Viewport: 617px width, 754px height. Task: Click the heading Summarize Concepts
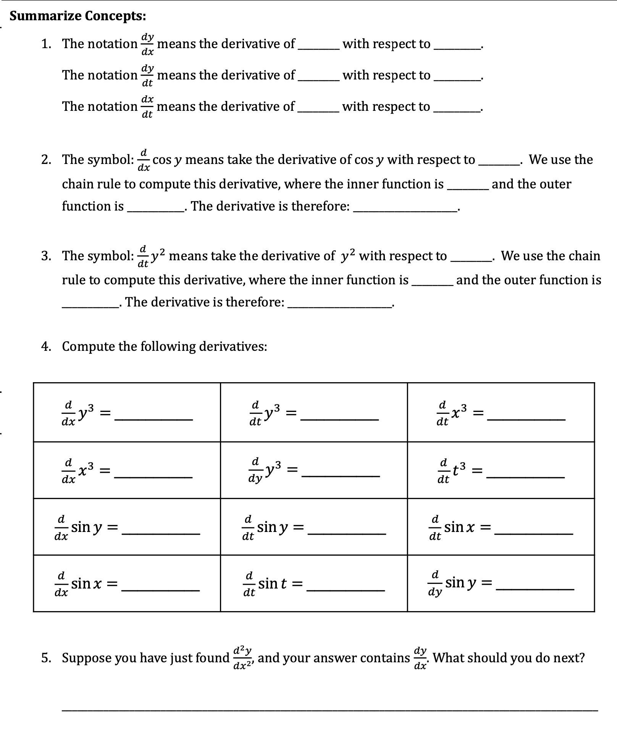tap(78, 16)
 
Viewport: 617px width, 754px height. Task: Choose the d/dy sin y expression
tap(452, 584)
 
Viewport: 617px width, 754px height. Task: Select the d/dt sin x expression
tap(452, 527)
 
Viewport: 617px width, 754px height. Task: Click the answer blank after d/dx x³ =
tap(153, 475)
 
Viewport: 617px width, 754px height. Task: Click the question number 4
tap(46, 347)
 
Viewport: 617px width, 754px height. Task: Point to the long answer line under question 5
tap(330, 710)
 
